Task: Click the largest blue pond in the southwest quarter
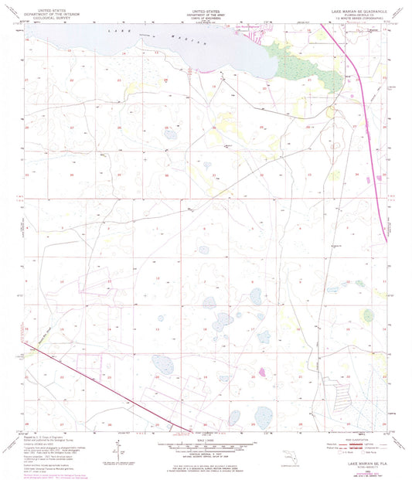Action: tap(163, 365)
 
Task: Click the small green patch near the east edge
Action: tap(368, 315)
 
